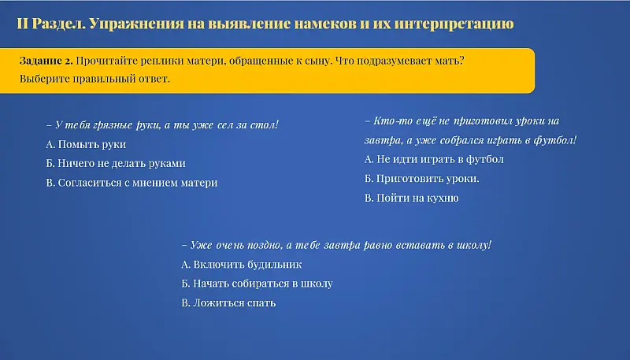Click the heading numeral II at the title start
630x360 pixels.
click(x=22, y=24)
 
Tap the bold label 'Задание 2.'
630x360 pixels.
click(x=46, y=61)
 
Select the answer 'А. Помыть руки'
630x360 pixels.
click(x=86, y=145)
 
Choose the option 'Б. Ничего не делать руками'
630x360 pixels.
click(x=116, y=164)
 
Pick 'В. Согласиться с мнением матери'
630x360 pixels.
click(x=132, y=183)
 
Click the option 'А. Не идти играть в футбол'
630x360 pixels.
click(x=434, y=159)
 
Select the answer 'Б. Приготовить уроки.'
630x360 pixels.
click(x=422, y=179)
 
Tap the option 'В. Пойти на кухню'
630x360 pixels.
click(x=411, y=198)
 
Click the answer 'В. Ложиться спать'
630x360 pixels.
click(x=228, y=302)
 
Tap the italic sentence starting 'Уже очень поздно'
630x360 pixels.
click(x=336, y=245)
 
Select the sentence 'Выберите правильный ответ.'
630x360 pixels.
click(x=94, y=79)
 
